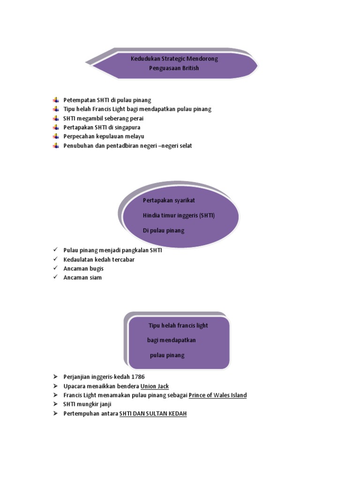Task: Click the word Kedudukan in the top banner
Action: coord(145,59)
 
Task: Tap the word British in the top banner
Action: coord(190,68)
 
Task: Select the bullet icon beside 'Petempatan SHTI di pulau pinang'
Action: coord(56,100)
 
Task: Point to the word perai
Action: coord(135,118)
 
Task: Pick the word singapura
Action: coord(126,127)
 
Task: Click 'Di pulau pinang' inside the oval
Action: coord(164,230)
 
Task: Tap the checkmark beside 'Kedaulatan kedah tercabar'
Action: coord(55,259)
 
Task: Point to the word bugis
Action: coord(96,269)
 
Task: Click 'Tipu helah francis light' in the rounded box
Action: coord(178,325)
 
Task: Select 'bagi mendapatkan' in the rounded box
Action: coord(171,340)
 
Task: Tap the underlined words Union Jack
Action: coord(155,386)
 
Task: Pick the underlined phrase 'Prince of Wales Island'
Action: coord(217,395)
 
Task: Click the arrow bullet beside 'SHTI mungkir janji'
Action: coord(55,405)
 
